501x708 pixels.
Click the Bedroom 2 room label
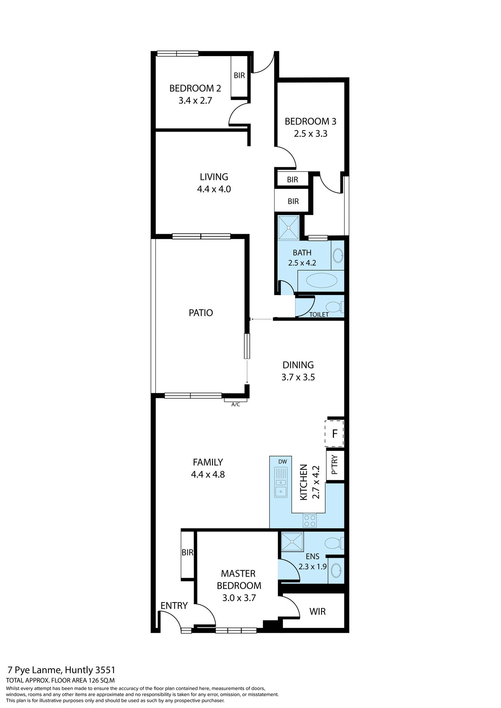195,88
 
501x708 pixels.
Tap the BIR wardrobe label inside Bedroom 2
239,76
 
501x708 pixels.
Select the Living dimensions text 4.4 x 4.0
214,189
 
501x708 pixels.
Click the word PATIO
201,313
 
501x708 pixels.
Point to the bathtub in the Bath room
321,281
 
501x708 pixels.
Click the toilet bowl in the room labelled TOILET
334,307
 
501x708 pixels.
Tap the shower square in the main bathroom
288,228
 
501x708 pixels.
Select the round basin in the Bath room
338,255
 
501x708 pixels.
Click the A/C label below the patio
235,405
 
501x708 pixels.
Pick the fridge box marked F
335,434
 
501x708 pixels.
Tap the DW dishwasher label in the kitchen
283,462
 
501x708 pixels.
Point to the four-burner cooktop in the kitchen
310,520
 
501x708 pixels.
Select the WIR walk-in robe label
317,611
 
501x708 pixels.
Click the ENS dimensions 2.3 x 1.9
312,566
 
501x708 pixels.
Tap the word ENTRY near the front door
174,605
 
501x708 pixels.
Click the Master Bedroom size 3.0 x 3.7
239,598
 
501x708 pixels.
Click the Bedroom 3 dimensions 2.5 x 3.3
310,134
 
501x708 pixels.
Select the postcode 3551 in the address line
105,670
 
